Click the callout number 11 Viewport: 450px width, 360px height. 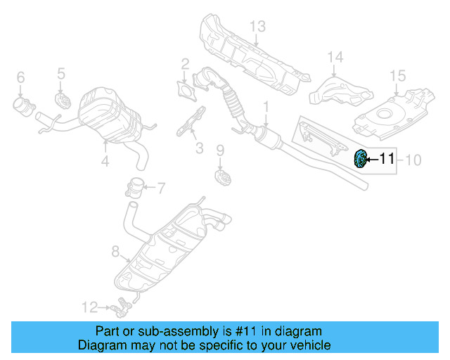[x=387, y=160]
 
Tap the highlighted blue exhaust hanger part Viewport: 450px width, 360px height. [x=360, y=160]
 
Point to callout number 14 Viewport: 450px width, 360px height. [x=335, y=57]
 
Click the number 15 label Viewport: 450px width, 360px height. [x=398, y=75]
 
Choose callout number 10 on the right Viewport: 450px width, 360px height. [x=413, y=160]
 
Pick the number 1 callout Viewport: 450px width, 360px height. [x=266, y=108]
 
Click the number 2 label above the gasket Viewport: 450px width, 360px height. [x=185, y=65]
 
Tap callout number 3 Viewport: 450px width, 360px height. [x=199, y=148]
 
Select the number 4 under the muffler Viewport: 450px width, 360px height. [x=105, y=162]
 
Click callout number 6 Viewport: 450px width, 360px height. [x=20, y=77]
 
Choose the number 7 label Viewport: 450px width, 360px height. [x=160, y=188]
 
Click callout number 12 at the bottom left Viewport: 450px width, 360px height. [x=89, y=307]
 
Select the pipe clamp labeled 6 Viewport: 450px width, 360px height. [x=25, y=106]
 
